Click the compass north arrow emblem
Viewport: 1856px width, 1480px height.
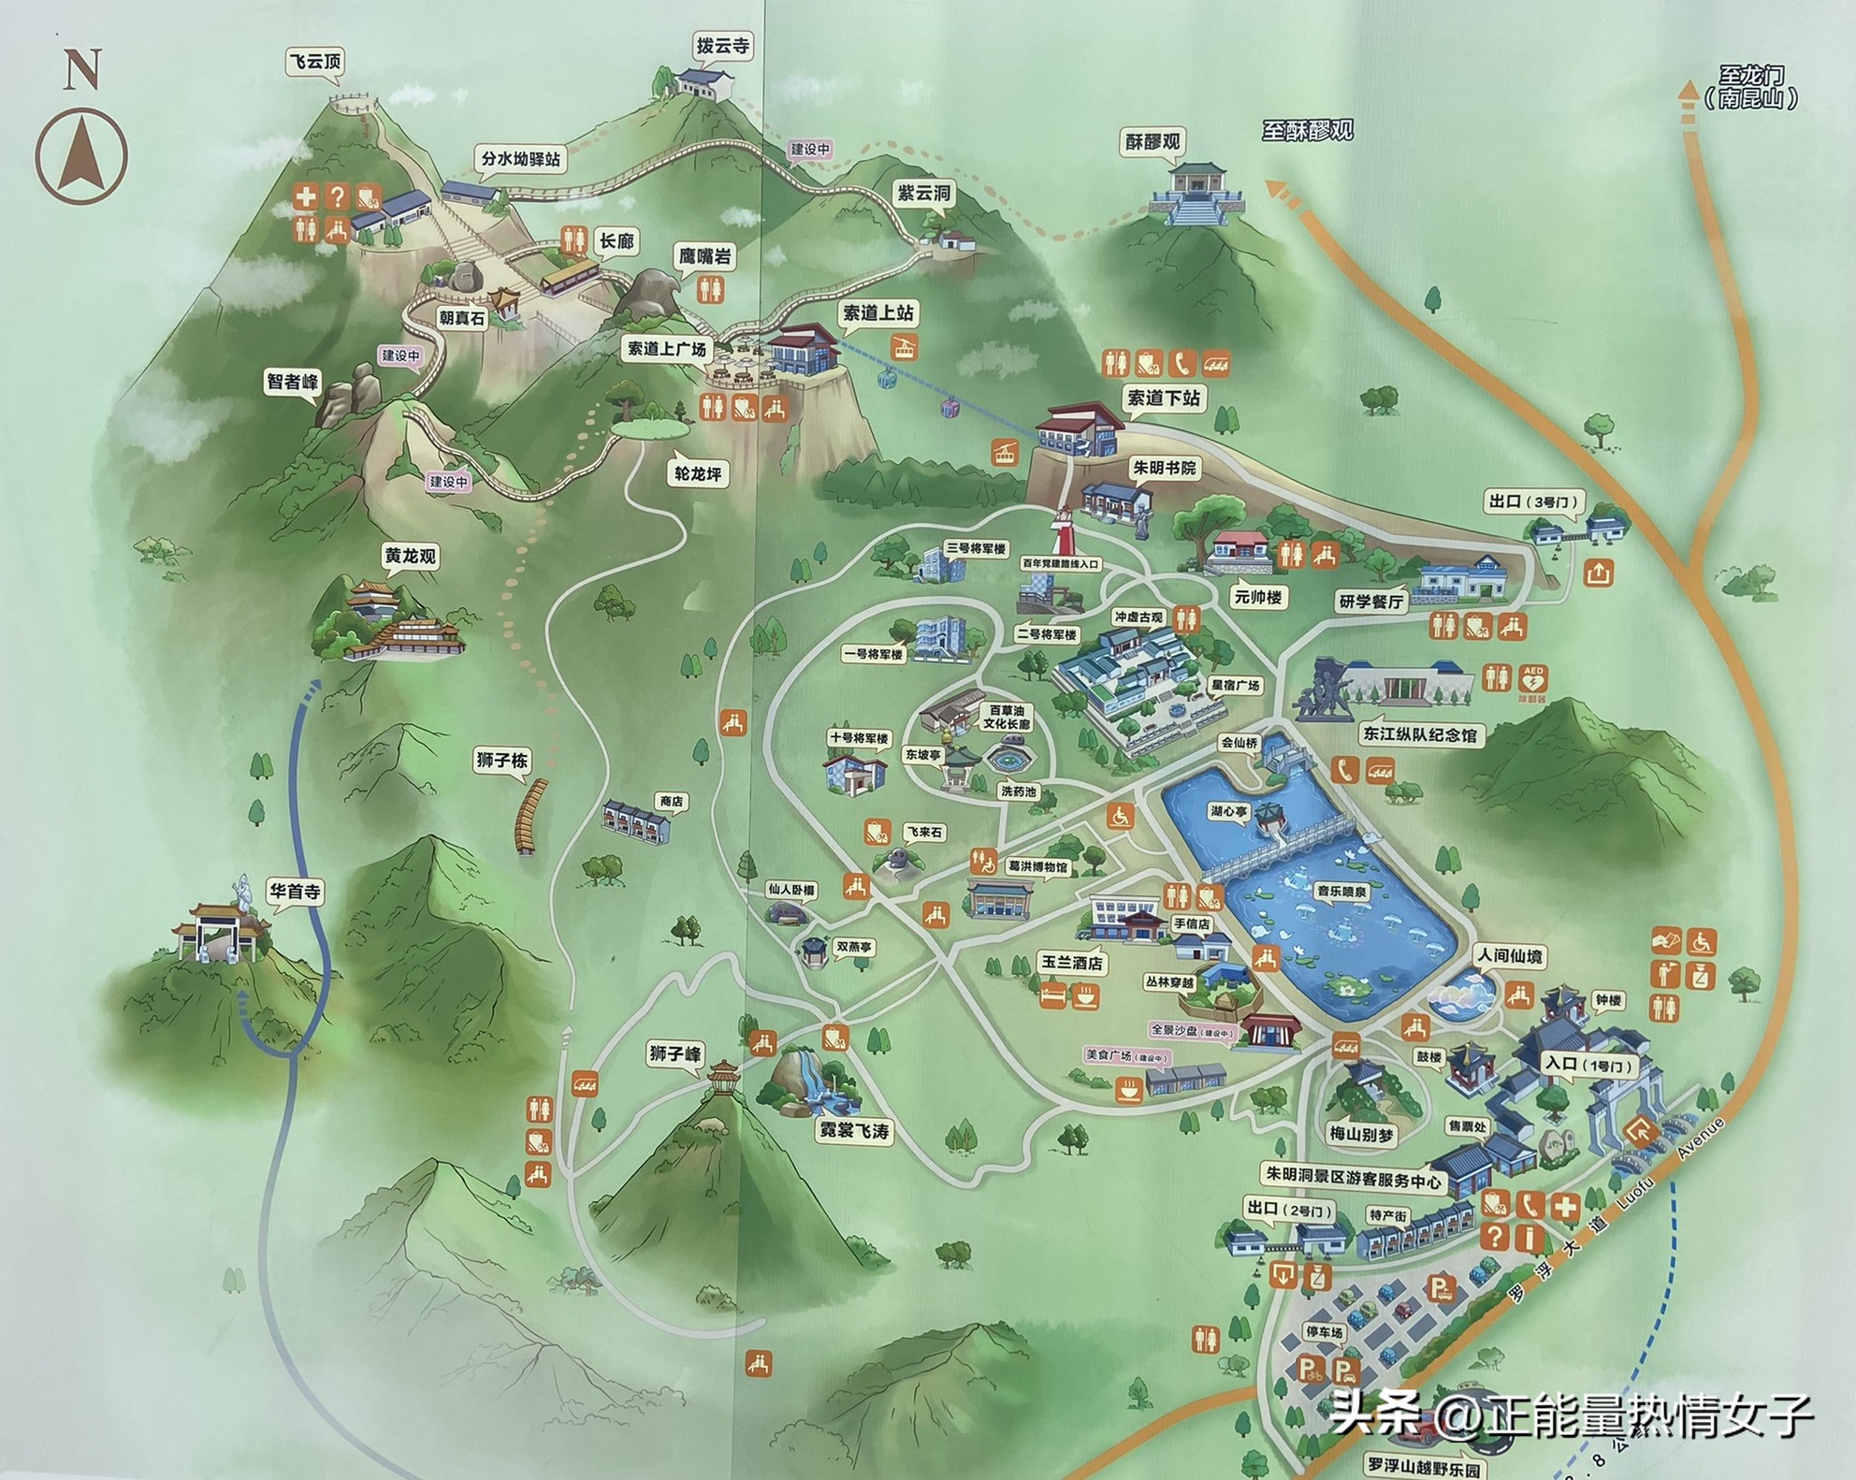coord(81,155)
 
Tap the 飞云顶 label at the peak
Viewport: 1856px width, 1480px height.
coord(314,63)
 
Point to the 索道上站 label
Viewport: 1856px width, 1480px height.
coord(877,313)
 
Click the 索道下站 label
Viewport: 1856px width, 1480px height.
coord(1163,398)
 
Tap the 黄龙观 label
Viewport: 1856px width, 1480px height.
coord(410,557)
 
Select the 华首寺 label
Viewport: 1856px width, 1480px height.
coord(295,892)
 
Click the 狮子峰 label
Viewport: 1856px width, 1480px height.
coord(675,1053)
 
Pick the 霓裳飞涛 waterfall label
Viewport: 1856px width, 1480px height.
coord(854,1131)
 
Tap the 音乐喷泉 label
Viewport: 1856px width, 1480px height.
coord(1341,892)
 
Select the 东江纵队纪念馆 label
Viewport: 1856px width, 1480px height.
coord(1418,735)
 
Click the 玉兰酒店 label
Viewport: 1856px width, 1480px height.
coord(1071,963)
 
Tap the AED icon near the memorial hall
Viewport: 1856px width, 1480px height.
coord(1533,677)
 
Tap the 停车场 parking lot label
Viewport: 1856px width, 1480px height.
coord(1324,1332)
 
